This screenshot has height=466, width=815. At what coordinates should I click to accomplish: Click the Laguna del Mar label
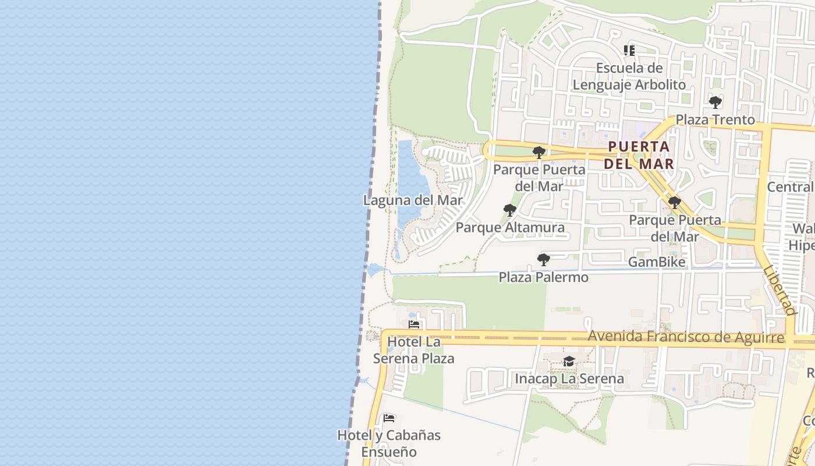(413, 200)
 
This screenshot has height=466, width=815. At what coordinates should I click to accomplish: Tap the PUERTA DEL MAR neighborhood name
(639, 155)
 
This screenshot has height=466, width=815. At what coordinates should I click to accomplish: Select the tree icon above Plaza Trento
(715, 103)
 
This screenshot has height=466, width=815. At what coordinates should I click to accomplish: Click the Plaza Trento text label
(715, 120)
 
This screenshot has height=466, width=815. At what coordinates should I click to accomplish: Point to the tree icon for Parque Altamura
(510, 210)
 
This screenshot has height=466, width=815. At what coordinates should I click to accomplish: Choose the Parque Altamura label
(510, 227)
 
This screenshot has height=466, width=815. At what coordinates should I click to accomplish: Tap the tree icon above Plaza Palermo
(543, 260)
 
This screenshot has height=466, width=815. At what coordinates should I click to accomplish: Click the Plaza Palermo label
(543, 277)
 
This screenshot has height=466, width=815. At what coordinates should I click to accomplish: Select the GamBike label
(657, 262)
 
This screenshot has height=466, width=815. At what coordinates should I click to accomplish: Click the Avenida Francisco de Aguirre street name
(686, 337)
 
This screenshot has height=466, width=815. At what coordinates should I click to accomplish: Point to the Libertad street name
(779, 291)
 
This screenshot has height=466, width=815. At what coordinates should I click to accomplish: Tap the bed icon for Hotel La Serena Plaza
(414, 324)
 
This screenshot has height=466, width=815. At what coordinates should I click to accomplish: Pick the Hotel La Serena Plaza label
(414, 349)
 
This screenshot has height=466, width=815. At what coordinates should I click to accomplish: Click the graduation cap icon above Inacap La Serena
(569, 362)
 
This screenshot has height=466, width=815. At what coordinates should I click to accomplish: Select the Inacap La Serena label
(569, 379)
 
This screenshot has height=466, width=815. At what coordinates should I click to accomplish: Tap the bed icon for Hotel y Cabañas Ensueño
(389, 418)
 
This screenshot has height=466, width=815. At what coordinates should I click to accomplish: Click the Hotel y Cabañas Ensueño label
(389, 443)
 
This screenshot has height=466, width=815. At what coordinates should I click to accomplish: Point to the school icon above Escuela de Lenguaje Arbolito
(629, 51)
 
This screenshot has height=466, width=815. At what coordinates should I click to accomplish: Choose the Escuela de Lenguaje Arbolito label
(629, 76)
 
